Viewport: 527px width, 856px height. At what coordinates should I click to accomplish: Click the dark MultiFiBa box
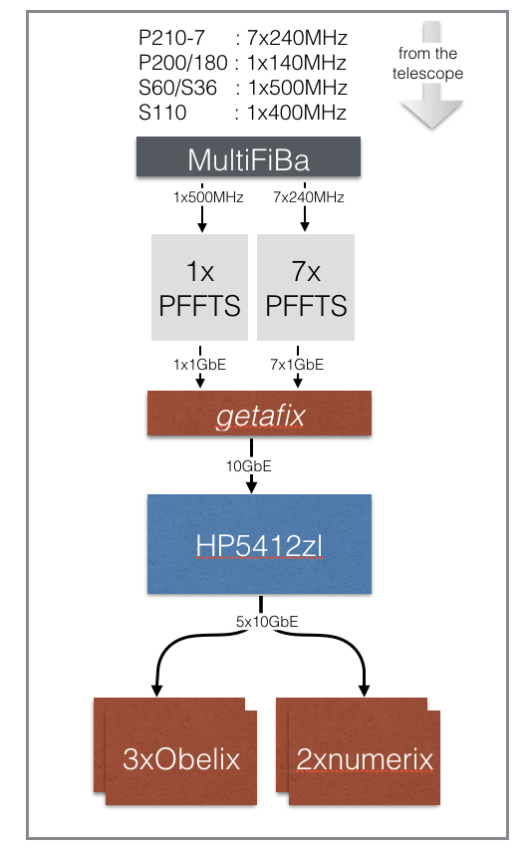point(248,156)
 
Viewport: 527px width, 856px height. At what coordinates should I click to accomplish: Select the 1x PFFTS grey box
point(199,287)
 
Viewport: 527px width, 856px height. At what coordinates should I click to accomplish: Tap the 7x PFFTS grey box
point(306,287)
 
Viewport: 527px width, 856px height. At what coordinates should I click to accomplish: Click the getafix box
point(259,414)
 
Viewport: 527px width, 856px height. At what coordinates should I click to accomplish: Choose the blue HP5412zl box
point(259,544)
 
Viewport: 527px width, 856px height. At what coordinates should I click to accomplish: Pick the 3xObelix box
point(175,751)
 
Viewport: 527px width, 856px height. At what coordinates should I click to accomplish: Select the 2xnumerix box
point(358,751)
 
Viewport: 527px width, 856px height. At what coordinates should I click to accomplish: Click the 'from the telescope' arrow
point(431,75)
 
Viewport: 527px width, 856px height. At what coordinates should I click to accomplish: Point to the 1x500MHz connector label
point(208,197)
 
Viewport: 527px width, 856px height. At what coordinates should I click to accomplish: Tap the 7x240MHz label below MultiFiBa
point(309,197)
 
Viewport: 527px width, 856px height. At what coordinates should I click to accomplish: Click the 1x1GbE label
point(199,365)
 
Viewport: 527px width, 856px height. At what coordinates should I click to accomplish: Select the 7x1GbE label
point(297,365)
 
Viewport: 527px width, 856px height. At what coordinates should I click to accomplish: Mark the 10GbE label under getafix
point(249,466)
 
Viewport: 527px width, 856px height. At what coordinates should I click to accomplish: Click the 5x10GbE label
point(267,622)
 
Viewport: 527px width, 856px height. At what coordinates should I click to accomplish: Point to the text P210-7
point(171,38)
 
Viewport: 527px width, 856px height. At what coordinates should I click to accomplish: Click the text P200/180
point(182,63)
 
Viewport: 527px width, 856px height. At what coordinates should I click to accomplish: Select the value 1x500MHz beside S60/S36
point(297,88)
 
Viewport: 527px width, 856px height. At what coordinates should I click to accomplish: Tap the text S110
point(162,113)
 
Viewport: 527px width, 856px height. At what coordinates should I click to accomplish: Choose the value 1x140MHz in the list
point(297,63)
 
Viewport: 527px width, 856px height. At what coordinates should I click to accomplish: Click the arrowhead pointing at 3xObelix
point(156,691)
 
